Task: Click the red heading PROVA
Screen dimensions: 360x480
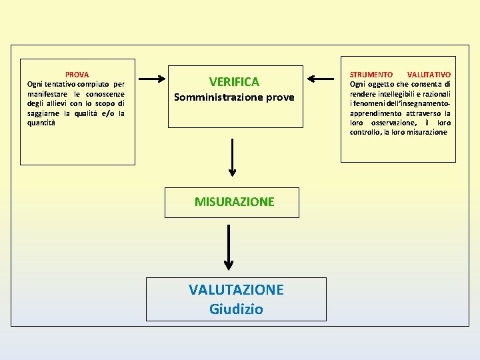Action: [77, 75]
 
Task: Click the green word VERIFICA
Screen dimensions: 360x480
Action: [234, 82]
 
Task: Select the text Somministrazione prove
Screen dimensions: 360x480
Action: [234, 97]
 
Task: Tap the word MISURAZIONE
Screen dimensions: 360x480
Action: [234, 201]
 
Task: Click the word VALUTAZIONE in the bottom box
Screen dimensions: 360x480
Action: [236, 289]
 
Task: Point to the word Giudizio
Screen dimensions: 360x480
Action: [236, 309]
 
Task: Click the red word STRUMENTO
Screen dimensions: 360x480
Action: [371, 75]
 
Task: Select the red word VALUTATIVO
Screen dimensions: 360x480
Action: [429, 75]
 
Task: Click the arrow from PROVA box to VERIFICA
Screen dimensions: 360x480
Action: [152, 79]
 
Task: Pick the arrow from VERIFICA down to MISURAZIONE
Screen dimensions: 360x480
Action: [232, 157]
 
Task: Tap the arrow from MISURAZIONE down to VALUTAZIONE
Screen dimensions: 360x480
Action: [229, 247]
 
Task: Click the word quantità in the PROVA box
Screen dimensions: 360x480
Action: [41, 123]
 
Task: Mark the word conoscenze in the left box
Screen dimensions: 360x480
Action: [103, 94]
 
